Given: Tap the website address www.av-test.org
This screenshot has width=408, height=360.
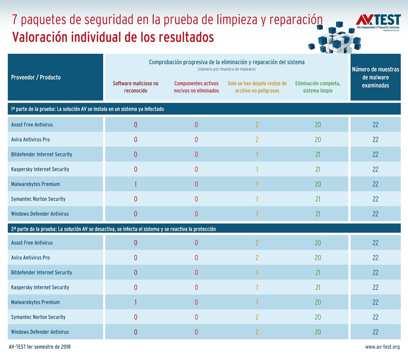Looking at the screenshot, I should pyautogui.click(x=382, y=347).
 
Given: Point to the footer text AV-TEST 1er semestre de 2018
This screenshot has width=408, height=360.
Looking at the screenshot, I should pyautogui.click(x=39, y=347).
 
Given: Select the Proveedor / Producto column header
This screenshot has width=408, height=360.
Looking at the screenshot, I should pyautogui.click(x=36, y=77).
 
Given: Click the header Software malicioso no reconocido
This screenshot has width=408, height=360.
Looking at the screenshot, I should pyautogui.click(x=135, y=87).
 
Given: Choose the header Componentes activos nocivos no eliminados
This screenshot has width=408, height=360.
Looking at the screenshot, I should pyautogui.click(x=196, y=87).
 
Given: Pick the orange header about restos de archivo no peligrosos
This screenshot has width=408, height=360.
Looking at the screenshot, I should pyautogui.click(x=257, y=87).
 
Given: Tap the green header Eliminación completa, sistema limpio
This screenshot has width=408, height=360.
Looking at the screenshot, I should pyautogui.click(x=318, y=87).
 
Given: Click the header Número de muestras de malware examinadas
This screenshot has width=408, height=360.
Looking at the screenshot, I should pyautogui.click(x=375, y=77).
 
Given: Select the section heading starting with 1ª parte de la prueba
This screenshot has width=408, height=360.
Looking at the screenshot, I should pyautogui.click(x=88, y=109).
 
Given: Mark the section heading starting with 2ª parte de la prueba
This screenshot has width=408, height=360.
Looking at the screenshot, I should pyautogui.click(x=114, y=229).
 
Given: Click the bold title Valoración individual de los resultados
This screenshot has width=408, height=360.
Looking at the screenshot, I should pyautogui.click(x=113, y=37).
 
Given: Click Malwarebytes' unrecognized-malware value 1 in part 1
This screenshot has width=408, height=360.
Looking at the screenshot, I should pyautogui.click(x=135, y=184).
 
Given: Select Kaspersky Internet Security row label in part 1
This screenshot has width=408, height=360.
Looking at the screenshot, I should pyautogui.click(x=40, y=169).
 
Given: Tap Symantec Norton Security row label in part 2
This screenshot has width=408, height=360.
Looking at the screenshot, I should pyautogui.click(x=38, y=317).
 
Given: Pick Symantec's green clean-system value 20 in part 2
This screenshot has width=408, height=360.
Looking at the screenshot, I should pyautogui.click(x=318, y=317).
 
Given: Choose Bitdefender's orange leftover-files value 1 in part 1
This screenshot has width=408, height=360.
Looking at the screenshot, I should pyautogui.click(x=257, y=155).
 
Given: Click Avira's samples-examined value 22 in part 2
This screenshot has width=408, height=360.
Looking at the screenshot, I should pyautogui.click(x=375, y=258).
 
